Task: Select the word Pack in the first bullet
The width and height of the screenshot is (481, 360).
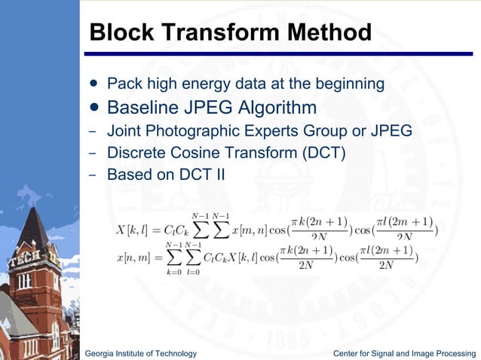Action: point(122,81)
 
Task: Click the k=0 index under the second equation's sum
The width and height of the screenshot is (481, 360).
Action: point(173,272)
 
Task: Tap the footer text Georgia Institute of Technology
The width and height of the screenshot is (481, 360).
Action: point(141,353)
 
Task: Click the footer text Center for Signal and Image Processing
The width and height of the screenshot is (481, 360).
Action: point(407,353)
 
